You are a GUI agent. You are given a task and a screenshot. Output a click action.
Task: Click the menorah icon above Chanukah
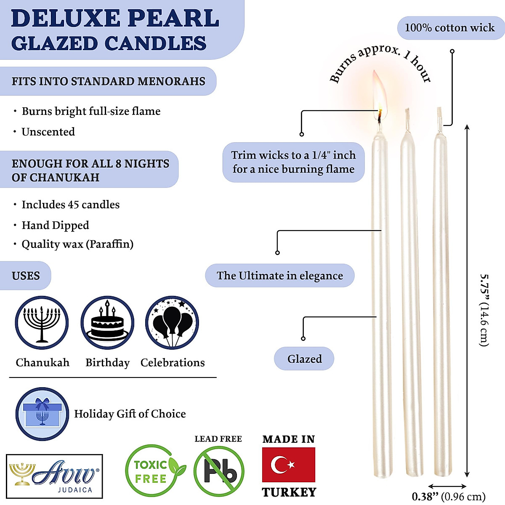click(42, 323)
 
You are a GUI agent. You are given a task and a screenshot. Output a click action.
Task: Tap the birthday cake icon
click(107, 323)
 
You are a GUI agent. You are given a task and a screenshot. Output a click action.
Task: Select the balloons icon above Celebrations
click(172, 323)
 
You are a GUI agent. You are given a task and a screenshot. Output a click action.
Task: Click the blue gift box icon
click(42, 414)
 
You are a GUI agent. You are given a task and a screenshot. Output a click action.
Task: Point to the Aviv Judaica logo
click(55, 476)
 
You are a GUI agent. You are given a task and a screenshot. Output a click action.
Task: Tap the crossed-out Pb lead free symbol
click(219, 471)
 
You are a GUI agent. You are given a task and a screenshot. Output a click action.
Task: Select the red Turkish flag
click(288, 465)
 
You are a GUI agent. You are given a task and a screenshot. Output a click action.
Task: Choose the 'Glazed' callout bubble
click(304, 359)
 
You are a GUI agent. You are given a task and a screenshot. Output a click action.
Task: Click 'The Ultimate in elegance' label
click(280, 276)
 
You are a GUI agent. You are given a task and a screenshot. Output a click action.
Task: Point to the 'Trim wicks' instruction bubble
click(293, 162)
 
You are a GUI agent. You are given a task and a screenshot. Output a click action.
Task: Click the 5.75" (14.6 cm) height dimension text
click(484, 310)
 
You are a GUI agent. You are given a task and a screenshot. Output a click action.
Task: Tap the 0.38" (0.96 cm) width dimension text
click(449, 497)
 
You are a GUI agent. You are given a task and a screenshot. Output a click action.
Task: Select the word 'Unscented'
click(48, 132)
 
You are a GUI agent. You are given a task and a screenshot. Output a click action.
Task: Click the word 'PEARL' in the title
click(173, 18)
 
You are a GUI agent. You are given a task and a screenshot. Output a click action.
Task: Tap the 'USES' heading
click(26, 276)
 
